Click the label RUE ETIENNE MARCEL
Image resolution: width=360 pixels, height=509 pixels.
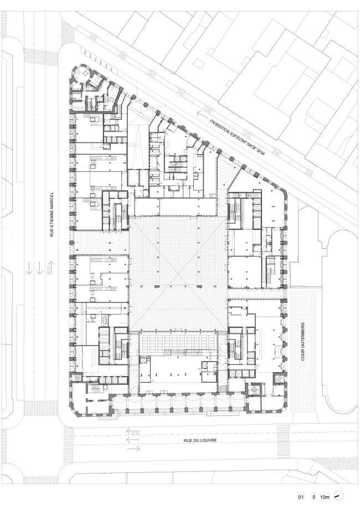pyautogui.click(x=52, y=215)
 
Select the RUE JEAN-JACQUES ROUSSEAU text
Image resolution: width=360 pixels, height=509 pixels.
pyautogui.click(x=237, y=137)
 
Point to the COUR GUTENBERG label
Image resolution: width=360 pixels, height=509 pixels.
pyautogui.click(x=303, y=342)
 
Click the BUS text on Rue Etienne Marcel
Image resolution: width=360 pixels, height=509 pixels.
pyautogui.click(x=49, y=271)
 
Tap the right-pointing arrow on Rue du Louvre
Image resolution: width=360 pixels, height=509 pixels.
pyautogui.click(x=133, y=449)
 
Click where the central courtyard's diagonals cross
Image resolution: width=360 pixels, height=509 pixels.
pyautogui.click(x=178, y=274)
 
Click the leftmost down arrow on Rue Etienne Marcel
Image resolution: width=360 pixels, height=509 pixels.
pyautogui.click(x=29, y=267)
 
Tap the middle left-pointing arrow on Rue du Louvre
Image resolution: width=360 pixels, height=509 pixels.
pyautogui.click(x=133, y=440)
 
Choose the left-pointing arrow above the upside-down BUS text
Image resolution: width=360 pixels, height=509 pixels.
pyautogui.click(x=133, y=430)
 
